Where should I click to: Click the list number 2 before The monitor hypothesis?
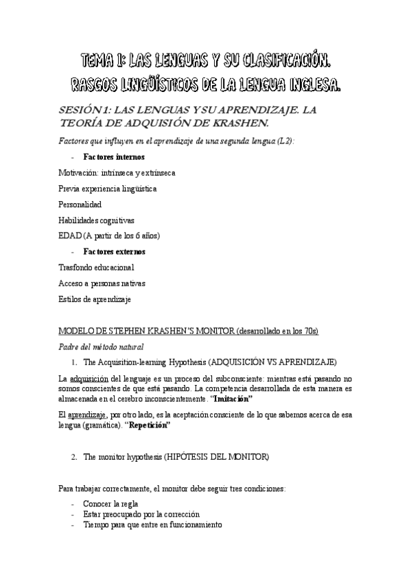pos(74,457)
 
